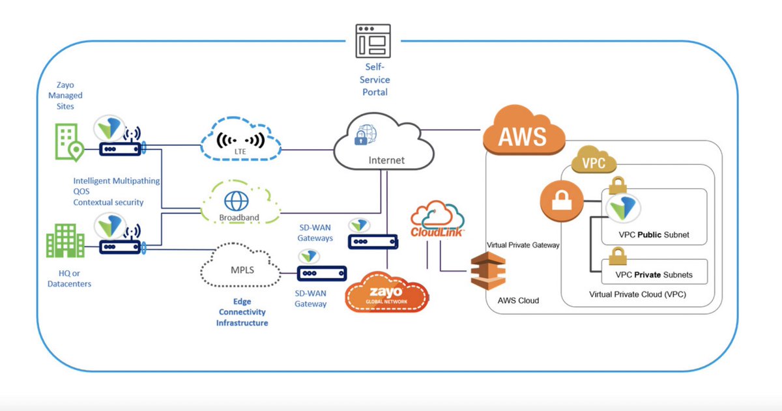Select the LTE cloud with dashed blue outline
[240, 140]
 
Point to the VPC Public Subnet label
[654, 234]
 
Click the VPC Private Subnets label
[654, 274]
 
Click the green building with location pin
[68, 143]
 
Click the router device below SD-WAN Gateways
[373, 242]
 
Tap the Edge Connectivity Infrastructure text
[242, 312]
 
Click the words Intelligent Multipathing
[117, 180]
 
